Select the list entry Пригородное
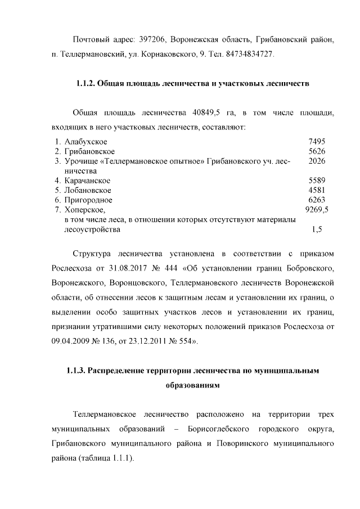point(88,200)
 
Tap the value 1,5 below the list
point(317,229)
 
